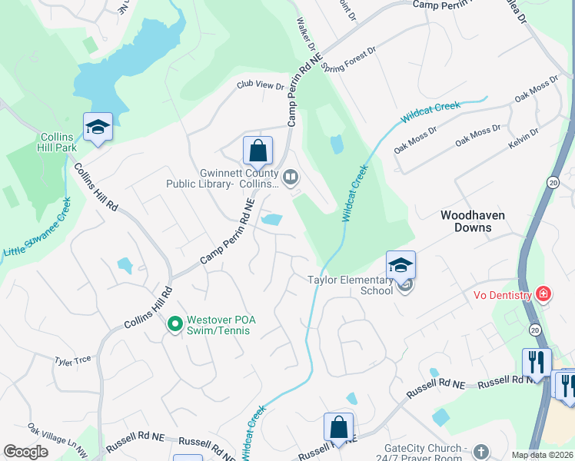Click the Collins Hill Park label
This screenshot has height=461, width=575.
tap(58, 142)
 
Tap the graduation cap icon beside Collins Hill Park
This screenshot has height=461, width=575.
tap(98, 127)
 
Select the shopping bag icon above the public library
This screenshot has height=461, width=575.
tap(258, 151)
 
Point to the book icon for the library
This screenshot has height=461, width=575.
tap(290, 179)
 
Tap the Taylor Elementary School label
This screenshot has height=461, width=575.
tap(350, 285)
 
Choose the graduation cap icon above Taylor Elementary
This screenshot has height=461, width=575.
tap(401, 265)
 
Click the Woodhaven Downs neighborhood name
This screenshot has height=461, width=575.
tap(472, 222)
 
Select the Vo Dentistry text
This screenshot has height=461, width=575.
tap(501, 295)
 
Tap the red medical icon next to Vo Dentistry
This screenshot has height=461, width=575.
tap(543, 294)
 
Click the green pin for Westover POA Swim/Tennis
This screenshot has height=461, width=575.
tap(174, 325)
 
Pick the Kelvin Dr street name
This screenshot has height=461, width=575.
tap(523, 138)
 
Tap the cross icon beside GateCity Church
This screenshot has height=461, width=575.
tap(481, 450)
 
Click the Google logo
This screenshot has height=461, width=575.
tap(25, 451)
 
